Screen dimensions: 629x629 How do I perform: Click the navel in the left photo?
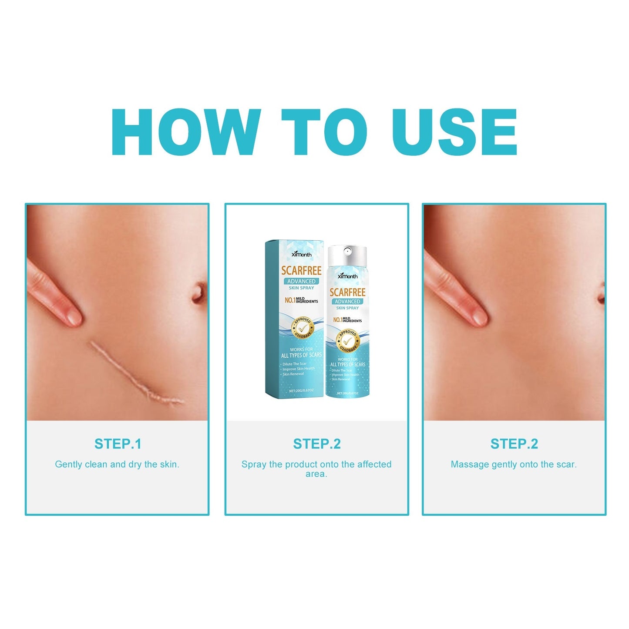[x=198, y=293]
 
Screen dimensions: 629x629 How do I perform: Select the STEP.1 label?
[x=118, y=444]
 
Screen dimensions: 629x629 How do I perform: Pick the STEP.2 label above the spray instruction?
[x=316, y=444]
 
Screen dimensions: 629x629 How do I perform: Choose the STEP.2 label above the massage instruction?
[x=514, y=444]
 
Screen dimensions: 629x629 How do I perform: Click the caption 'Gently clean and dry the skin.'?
[x=117, y=464]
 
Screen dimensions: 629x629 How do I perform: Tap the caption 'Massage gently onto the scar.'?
[x=514, y=464]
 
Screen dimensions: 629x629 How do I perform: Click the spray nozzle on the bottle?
[x=347, y=251]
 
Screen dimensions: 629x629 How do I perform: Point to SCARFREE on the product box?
[x=301, y=270]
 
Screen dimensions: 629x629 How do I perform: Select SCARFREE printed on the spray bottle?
[x=347, y=292]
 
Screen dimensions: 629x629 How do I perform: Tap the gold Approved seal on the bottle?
[x=347, y=340]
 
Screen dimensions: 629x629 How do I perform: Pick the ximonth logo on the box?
[x=301, y=254]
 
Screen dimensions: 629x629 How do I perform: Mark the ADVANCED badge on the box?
[x=301, y=281]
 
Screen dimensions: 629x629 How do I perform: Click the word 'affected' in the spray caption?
[x=374, y=464]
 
